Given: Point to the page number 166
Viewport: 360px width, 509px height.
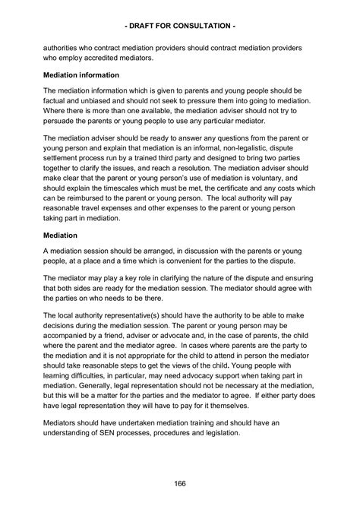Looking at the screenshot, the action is point(180,484).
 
